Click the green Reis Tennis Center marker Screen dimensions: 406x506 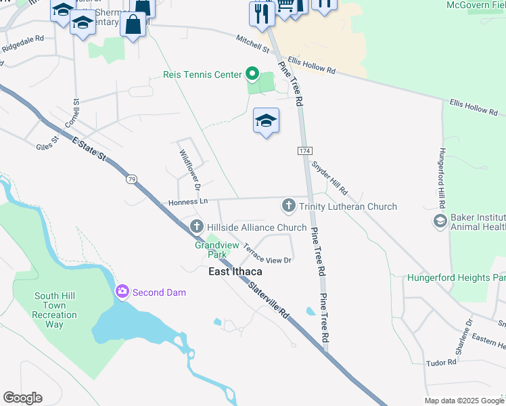click(x=252, y=74)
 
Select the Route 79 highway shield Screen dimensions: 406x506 click(x=131, y=179)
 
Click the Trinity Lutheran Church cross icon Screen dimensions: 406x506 click(x=288, y=206)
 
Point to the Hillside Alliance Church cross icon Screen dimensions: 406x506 click(x=197, y=227)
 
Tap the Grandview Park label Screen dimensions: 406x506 click(x=210, y=250)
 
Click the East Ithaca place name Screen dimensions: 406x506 click(x=234, y=271)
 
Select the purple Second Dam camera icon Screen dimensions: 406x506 click(x=122, y=292)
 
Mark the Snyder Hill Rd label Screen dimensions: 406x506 click(x=329, y=177)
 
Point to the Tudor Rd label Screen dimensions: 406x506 click(x=442, y=363)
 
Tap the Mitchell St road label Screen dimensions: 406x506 click(x=252, y=45)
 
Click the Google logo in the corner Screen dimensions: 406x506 click(x=22, y=398)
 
